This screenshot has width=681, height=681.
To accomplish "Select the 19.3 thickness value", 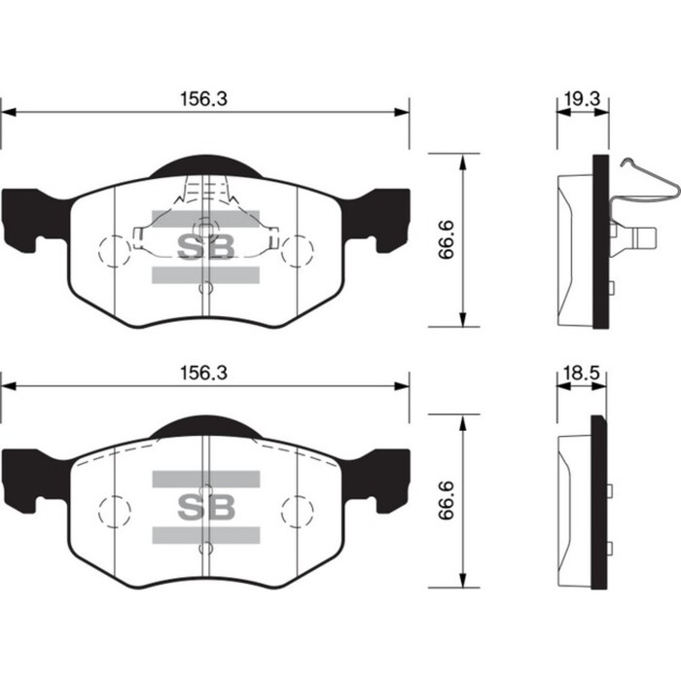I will (581, 98).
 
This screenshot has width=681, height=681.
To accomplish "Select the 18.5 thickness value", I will (580, 373).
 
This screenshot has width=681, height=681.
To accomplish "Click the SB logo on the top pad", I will (205, 247).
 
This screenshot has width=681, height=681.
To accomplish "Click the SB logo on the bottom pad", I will (205, 507).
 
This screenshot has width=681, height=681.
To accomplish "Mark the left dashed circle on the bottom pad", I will (115, 510).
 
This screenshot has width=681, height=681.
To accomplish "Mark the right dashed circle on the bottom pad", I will (297, 510).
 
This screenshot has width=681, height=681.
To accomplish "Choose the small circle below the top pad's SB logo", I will (205, 288).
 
